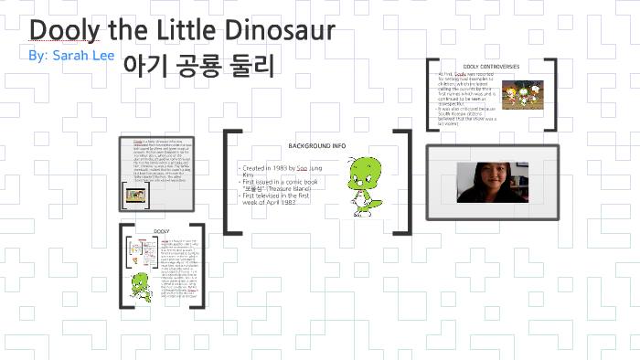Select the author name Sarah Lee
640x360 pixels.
click(80, 55)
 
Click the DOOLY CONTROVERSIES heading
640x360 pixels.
click(491, 67)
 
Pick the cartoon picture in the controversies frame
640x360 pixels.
click(526, 95)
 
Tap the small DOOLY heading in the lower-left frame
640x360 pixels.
click(162, 232)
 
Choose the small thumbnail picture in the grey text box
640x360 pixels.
click(135, 193)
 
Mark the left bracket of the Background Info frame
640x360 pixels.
click(229, 183)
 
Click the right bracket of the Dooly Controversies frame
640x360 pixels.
click(551, 97)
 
